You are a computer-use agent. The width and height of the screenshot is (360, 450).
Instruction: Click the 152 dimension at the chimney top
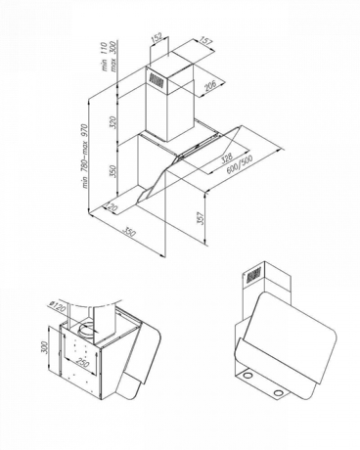pyautogui.click(x=157, y=37)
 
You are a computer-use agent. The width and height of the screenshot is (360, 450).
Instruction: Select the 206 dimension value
pyautogui.click(x=210, y=85)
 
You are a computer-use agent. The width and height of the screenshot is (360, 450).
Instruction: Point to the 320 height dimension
pyautogui.click(x=113, y=122)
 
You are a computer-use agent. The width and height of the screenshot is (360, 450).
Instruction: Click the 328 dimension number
pyautogui.click(x=227, y=157)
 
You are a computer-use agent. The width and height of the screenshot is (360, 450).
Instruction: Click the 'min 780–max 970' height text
pyautogui.click(x=85, y=156)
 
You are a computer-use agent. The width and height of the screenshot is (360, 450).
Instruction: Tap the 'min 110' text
pyautogui.click(x=105, y=57)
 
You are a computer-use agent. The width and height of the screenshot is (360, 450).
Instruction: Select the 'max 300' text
pyautogui.click(x=113, y=57)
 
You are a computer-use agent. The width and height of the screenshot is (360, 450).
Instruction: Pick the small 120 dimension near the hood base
pyautogui.click(x=112, y=206)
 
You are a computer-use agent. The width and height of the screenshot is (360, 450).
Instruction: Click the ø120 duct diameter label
pyautogui.click(x=58, y=307)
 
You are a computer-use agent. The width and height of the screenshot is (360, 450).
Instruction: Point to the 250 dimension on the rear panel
pyautogui.click(x=82, y=362)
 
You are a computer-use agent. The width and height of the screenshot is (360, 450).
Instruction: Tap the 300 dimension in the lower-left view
pyautogui.click(x=44, y=347)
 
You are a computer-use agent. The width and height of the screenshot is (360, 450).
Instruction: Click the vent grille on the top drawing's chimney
pyautogui.click(x=157, y=80)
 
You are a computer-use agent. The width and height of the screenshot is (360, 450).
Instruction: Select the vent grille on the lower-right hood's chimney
pyautogui.click(x=253, y=276)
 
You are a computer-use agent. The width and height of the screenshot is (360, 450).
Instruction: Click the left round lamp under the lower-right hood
pyautogui.click(x=248, y=376)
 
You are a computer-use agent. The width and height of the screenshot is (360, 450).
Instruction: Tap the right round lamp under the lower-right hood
pyautogui.click(x=278, y=392)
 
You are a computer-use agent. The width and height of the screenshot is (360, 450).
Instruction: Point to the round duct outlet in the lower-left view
pyautogui.click(x=86, y=332)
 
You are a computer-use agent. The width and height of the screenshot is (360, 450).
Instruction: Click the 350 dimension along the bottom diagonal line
pyautogui.click(x=128, y=232)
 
